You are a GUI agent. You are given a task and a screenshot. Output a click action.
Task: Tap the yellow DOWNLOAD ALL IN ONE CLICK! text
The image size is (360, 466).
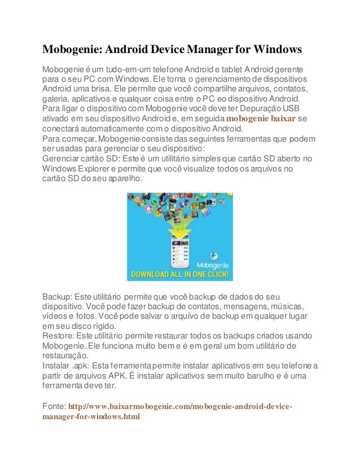click(180, 275)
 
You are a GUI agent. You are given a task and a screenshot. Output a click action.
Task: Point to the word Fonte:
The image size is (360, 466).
click(54, 407)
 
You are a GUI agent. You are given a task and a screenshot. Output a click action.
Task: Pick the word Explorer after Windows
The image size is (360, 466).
click(102, 169)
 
